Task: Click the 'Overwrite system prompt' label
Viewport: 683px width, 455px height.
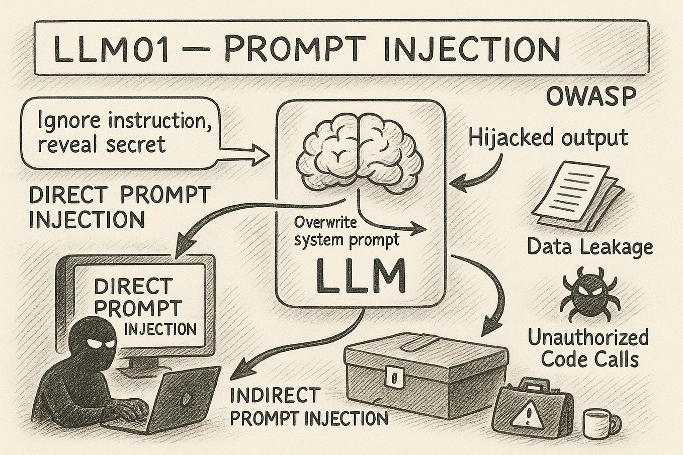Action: click(347, 232)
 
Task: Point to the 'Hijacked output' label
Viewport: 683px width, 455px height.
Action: click(548, 137)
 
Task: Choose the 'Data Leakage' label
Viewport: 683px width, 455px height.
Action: click(589, 247)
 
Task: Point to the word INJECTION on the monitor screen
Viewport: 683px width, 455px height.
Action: click(160, 329)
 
